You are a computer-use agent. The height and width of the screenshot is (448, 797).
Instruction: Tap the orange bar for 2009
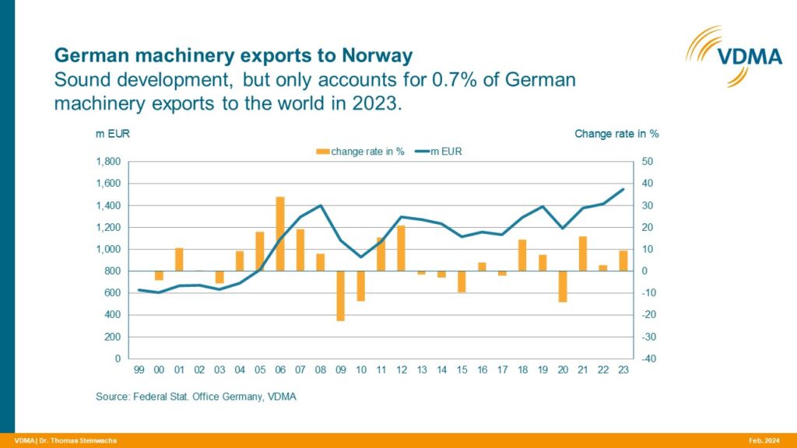[x=341, y=296]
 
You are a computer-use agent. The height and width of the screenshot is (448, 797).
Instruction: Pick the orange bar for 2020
[x=563, y=286]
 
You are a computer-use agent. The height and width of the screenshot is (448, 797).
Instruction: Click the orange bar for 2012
[x=402, y=248]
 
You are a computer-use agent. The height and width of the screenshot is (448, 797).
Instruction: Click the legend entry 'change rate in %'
[x=360, y=152]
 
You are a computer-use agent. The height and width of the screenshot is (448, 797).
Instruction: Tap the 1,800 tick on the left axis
[x=107, y=162]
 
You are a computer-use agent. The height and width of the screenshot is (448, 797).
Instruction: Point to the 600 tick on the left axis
[x=112, y=293]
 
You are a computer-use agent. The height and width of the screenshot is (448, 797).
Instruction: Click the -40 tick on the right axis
[x=648, y=359]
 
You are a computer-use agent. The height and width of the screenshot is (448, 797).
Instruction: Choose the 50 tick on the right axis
[x=648, y=162]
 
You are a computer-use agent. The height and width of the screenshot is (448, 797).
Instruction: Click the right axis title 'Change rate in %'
[x=616, y=134]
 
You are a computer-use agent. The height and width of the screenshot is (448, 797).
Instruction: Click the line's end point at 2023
[x=623, y=189]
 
